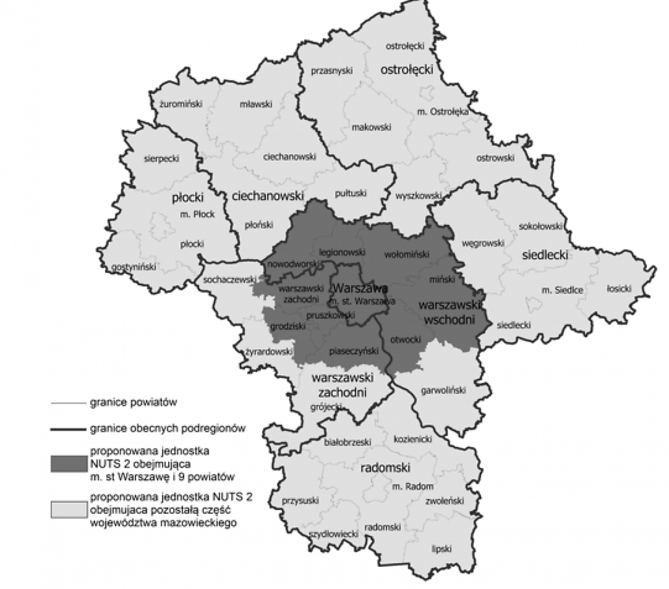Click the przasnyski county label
pyautogui.click(x=331, y=70)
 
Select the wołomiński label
pyautogui.click(x=406, y=255)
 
